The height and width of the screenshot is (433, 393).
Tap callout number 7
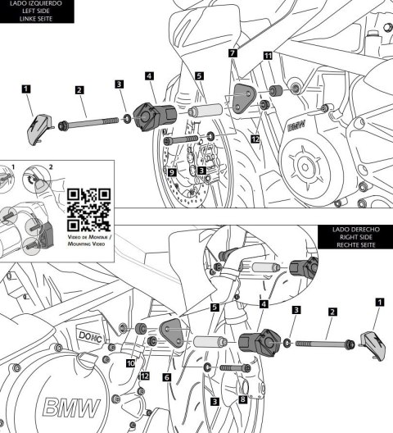[x=233, y=52]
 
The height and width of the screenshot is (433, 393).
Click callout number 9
[x=171, y=173]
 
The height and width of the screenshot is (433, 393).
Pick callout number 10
[x=130, y=362]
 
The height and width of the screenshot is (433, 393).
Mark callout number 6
[x=167, y=376]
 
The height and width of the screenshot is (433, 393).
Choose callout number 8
[x=243, y=400]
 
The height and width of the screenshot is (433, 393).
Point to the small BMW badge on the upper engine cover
[x=296, y=128]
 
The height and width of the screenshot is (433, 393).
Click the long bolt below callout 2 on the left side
[x=88, y=125]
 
